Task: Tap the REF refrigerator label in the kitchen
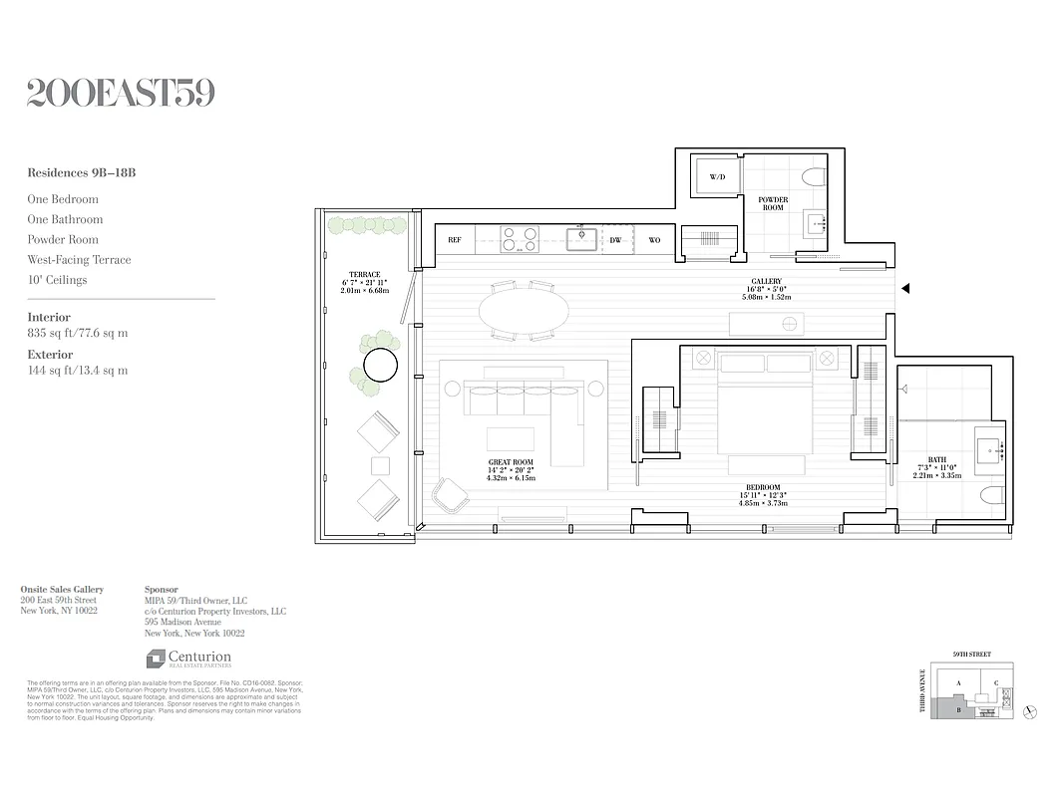click(x=455, y=240)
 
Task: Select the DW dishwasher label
click(x=616, y=240)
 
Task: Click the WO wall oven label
click(x=654, y=240)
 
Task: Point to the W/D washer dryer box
click(x=717, y=176)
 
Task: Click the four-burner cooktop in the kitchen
click(x=519, y=239)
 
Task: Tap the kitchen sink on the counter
click(x=581, y=239)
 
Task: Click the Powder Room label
click(x=773, y=203)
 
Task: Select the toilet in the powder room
click(x=813, y=177)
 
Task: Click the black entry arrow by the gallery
click(x=905, y=289)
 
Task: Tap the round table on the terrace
click(x=380, y=366)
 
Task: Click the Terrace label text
click(x=364, y=275)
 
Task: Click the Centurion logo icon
click(x=156, y=659)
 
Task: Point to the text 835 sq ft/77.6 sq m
click(x=78, y=334)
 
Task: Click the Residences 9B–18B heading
click(x=82, y=173)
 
